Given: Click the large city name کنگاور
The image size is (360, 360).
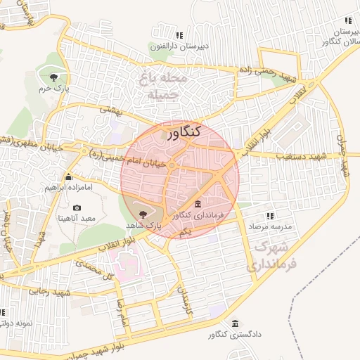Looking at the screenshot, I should click(x=185, y=131).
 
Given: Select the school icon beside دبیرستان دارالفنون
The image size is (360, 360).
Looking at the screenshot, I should click(x=179, y=34).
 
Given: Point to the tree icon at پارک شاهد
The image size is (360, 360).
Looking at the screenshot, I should click(x=143, y=212).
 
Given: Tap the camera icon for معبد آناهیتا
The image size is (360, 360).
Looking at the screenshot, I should click(x=77, y=208).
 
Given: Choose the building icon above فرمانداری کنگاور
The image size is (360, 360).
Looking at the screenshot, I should click(x=198, y=202).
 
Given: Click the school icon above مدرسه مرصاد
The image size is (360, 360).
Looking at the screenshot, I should click(x=269, y=216).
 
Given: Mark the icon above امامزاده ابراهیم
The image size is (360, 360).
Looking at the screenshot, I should click(x=68, y=176).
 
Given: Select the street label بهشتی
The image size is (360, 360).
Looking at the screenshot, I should click(x=112, y=110).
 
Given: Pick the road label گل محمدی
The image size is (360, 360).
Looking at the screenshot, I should click(x=96, y=270).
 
